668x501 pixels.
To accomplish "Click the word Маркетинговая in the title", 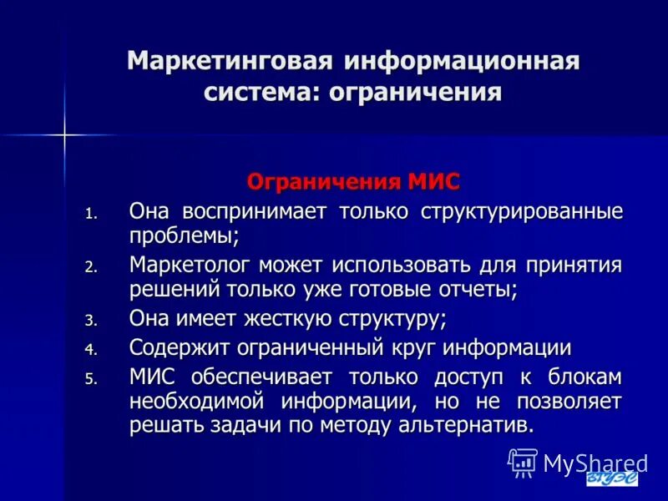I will [230, 63].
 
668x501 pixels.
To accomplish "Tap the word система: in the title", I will [261, 92].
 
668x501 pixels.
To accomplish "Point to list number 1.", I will [91, 214].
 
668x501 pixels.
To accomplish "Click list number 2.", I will [91, 268].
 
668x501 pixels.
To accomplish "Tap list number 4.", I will [91, 350].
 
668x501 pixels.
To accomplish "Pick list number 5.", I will [91, 379].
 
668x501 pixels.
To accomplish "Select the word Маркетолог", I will [190, 265].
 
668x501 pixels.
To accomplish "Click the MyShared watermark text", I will [595, 463].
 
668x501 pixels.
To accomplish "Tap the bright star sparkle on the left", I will [63, 134].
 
